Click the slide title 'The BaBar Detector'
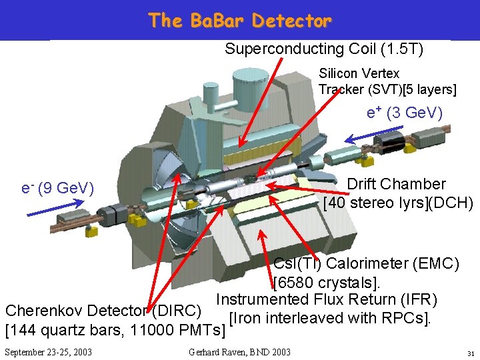(x=240, y=21)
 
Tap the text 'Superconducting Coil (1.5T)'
(x=324, y=49)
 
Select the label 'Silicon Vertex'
(x=359, y=73)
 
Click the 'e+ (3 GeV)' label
(x=405, y=113)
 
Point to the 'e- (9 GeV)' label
(x=58, y=189)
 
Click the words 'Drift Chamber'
(x=397, y=184)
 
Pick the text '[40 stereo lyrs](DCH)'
(x=398, y=202)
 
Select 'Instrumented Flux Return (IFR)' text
(x=327, y=300)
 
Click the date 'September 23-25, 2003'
(x=48, y=351)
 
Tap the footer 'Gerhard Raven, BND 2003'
(x=239, y=351)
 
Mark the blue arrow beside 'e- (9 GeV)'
(x=47, y=211)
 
